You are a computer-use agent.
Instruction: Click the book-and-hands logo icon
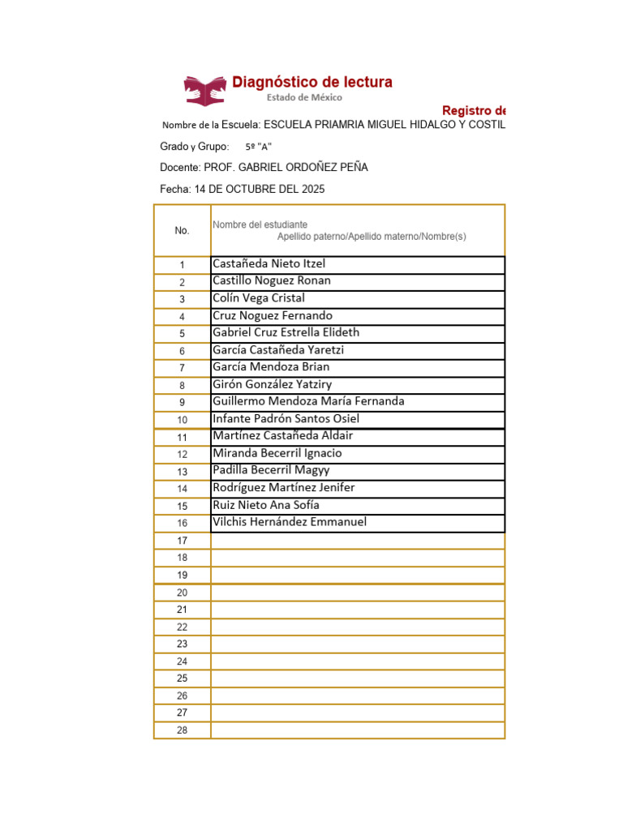[205, 89]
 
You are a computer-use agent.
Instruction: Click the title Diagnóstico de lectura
[312, 82]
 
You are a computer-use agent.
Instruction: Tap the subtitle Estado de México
[305, 97]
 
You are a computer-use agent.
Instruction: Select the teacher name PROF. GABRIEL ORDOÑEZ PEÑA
[286, 167]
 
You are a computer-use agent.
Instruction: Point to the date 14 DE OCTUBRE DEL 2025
[259, 189]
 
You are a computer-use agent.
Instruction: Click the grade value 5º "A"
[258, 147]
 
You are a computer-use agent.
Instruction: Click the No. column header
[182, 230]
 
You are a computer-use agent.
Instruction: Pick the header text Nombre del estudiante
[260, 225]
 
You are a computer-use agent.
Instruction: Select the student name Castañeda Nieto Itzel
[269, 263]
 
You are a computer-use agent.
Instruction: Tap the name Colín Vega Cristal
[258, 297]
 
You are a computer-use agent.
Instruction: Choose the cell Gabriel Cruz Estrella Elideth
[286, 332]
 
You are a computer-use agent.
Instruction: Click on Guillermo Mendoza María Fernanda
[308, 401]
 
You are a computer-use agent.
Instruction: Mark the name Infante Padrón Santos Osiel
[286, 418]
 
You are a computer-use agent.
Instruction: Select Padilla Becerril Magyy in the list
[271, 470]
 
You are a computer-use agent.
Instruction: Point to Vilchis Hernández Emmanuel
[290, 522]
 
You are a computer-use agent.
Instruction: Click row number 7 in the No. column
[182, 368]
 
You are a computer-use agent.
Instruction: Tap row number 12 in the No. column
[182, 455]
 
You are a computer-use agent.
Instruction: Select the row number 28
[182, 730]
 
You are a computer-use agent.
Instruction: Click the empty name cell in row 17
[357, 541]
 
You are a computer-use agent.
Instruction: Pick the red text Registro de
[474, 110]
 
